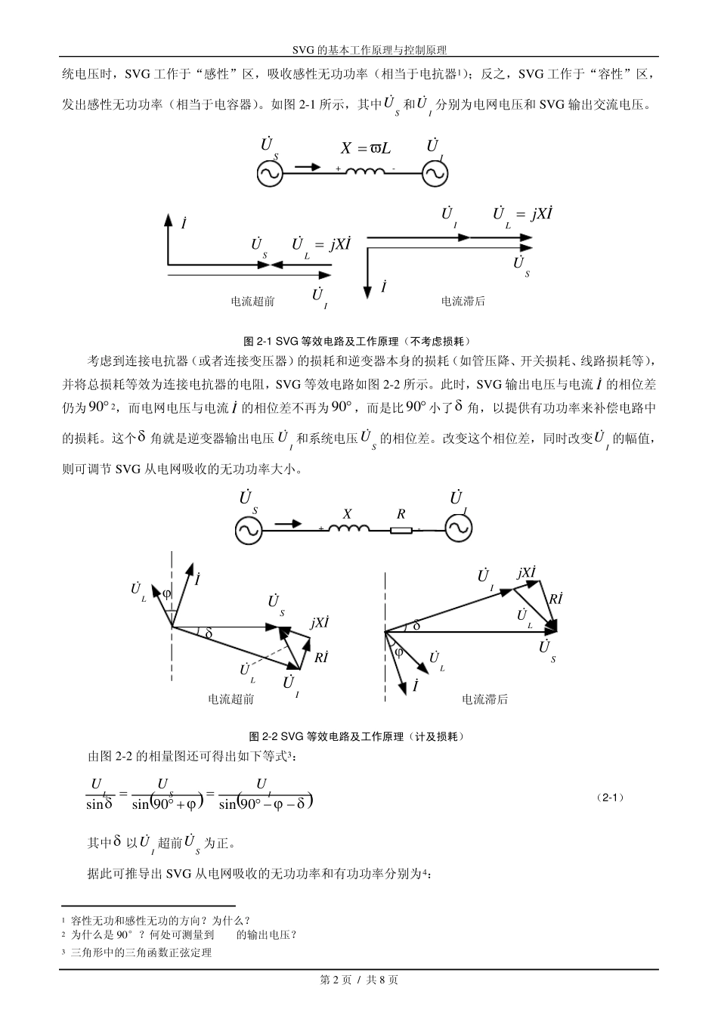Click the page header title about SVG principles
(359, 50)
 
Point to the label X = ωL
(366, 148)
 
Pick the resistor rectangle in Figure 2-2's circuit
(401, 529)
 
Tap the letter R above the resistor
(401, 514)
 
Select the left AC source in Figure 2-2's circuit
(248, 530)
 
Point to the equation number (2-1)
(610, 798)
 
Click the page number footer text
(359, 980)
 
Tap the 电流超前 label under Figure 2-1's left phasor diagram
(252, 302)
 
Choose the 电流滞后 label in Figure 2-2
(484, 699)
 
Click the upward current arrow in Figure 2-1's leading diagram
(167, 238)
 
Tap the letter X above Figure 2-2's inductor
(348, 514)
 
